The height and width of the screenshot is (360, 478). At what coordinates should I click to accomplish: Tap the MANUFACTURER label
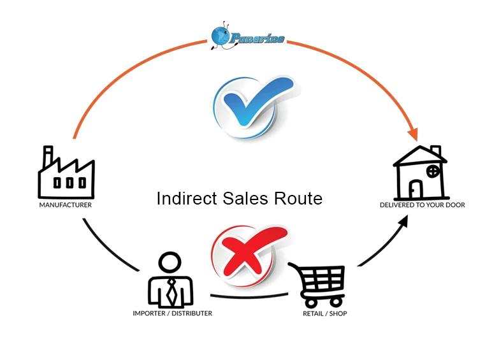(x=66, y=206)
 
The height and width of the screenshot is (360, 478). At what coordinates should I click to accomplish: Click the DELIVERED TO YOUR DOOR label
(x=423, y=205)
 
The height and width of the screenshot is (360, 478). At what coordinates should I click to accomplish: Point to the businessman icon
(x=170, y=280)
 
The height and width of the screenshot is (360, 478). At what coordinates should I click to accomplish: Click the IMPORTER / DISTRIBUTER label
(x=172, y=313)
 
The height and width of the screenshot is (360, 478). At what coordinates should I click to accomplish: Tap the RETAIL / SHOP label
(x=324, y=313)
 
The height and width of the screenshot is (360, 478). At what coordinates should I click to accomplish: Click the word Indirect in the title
(x=185, y=199)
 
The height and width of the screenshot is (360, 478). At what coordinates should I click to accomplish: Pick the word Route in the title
(x=299, y=199)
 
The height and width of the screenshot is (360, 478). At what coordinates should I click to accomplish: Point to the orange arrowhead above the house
(x=414, y=134)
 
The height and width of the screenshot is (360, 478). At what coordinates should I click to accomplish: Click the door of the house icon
(x=416, y=189)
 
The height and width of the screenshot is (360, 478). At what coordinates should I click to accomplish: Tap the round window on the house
(x=433, y=171)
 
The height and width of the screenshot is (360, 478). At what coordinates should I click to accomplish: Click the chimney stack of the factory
(x=47, y=157)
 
